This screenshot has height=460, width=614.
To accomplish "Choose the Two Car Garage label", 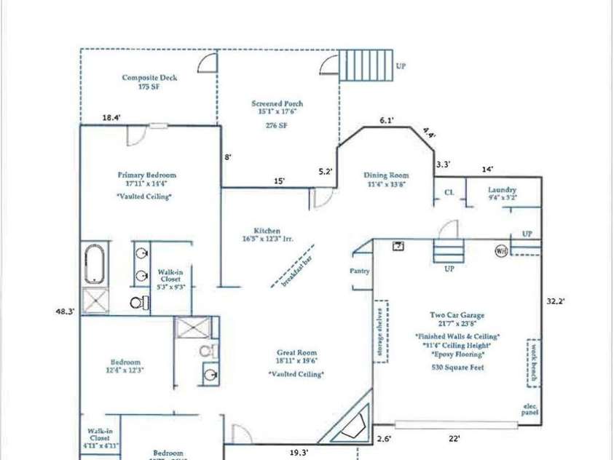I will click(457, 316).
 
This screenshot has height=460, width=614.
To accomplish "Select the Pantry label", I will click(360, 271).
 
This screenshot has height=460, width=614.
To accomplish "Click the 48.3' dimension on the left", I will click(66, 311).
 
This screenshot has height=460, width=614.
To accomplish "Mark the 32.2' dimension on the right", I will click(557, 299).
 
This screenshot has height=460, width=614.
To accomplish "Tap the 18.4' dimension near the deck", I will click(111, 117).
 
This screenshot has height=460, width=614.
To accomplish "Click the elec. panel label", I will click(530, 410).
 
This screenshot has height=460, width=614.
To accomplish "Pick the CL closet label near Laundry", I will click(449, 193).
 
